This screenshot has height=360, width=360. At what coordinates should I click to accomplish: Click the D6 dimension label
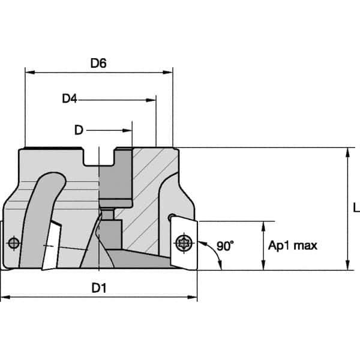coord(98,62)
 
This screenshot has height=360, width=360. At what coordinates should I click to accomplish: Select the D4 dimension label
coord(70,98)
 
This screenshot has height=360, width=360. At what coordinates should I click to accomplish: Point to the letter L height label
coord(356,208)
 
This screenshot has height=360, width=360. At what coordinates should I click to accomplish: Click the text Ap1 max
coord(293,245)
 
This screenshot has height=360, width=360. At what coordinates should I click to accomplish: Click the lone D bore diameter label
coord(79,130)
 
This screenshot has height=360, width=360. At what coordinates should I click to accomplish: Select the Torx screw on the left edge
coord(14,243)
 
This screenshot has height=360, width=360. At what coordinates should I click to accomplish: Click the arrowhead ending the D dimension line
coord(128,130)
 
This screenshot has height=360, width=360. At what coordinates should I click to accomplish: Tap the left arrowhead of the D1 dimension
coord(5,297)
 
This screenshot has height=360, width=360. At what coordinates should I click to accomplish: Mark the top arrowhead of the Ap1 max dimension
coord(263,226)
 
